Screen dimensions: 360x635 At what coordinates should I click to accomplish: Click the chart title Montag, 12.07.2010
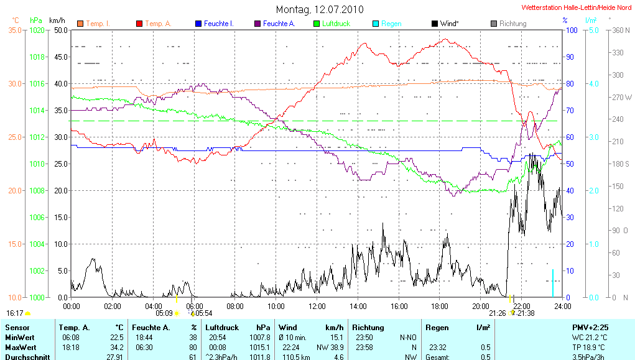pyautogui.click(x=320, y=9)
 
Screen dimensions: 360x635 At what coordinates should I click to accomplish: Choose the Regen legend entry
pyautogui.click(x=391, y=24)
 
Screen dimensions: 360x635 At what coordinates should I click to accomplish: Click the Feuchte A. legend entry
pyautogui.click(x=279, y=24)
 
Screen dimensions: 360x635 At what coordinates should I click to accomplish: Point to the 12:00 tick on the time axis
pyautogui.click(x=317, y=306)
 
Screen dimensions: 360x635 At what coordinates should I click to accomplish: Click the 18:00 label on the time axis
pyautogui.click(x=440, y=306)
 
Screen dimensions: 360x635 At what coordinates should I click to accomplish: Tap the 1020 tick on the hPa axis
pyautogui.click(x=37, y=30)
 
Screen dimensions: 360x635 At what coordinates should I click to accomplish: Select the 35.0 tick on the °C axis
pyautogui.click(x=15, y=30)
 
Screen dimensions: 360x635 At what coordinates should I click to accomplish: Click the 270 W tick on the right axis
pyautogui.click(x=622, y=97)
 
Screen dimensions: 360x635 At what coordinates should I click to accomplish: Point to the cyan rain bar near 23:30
pyautogui.click(x=552, y=283)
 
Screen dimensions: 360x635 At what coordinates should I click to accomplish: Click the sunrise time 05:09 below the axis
pyautogui.click(x=164, y=313)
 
